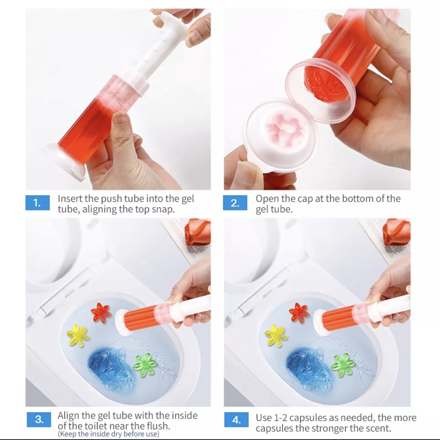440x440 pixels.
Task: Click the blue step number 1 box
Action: tap(38, 203)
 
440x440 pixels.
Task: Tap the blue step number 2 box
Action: tap(235, 203)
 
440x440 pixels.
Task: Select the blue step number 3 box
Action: tap(39, 419)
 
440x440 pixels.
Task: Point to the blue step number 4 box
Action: tap(237, 419)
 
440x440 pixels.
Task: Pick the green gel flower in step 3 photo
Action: tap(145, 366)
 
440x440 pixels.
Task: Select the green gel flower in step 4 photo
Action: tap(343, 366)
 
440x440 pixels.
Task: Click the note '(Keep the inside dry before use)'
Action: tap(109, 434)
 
